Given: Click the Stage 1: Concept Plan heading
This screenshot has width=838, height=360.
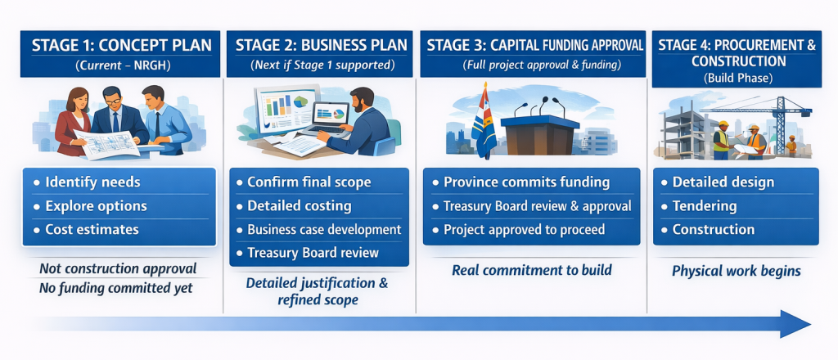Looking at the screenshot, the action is pos(121,45).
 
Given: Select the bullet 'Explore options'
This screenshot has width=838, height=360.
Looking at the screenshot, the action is pos(96,206).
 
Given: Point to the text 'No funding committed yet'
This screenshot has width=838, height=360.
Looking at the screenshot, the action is pos(116,289).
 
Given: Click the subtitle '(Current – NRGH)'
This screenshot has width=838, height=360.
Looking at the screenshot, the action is pos(121,66).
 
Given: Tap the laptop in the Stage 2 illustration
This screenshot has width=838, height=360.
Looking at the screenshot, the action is pos(330,118).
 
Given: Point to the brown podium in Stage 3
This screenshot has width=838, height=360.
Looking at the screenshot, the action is pos(539,135).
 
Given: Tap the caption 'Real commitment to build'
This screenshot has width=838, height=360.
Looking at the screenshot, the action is pos(532,270).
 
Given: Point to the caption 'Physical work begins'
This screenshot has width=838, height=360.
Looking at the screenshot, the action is pos(736,272).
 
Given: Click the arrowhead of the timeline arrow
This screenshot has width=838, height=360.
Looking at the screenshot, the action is pos(795,324).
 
